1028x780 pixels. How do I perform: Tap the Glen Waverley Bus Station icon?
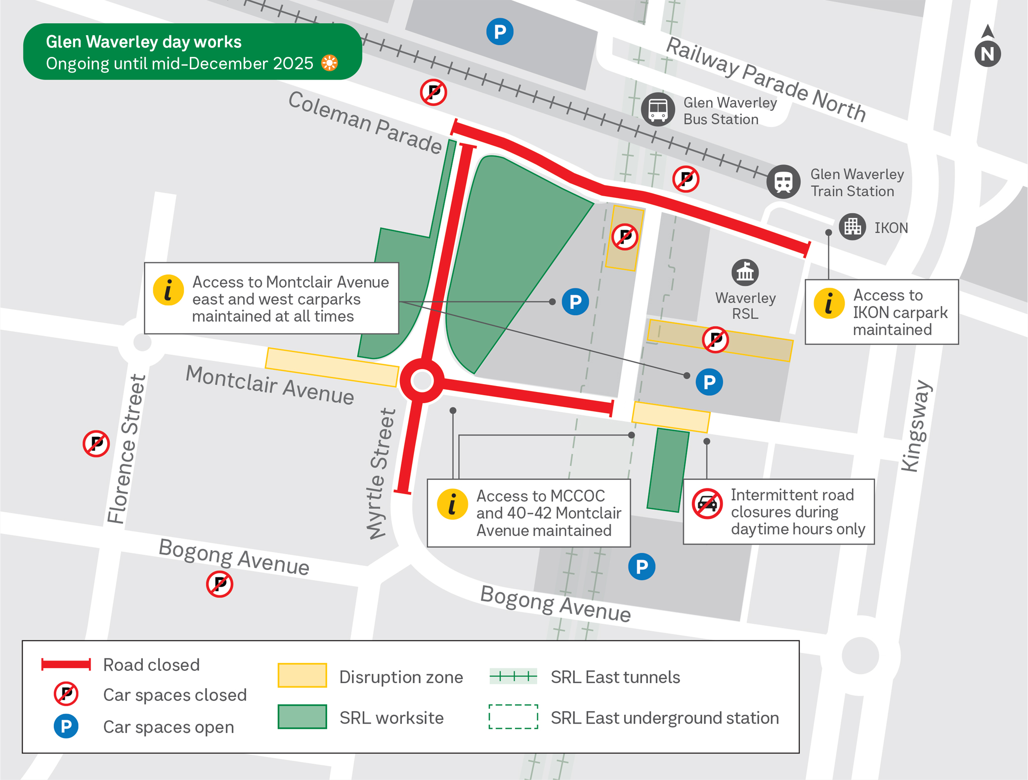tap(658, 109)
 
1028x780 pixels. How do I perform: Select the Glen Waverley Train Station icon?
tap(783, 181)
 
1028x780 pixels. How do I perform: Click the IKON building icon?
tap(852, 227)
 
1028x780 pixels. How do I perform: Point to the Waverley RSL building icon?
tap(745, 272)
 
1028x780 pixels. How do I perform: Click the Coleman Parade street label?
tap(365, 123)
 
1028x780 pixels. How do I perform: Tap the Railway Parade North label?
tap(766, 79)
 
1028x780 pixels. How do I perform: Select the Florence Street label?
tap(127, 449)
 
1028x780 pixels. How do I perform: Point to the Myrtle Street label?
tap(381, 474)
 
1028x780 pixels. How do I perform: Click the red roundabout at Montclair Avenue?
tap(422, 381)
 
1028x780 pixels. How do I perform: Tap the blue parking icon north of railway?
tap(500, 32)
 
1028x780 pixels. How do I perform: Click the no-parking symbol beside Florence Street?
tap(96, 443)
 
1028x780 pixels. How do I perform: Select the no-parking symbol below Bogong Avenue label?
tap(219, 584)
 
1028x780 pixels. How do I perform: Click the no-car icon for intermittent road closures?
tap(707, 504)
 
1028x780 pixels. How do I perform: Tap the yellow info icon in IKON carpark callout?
tap(829, 303)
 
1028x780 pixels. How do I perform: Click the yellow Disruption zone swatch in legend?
tap(302, 675)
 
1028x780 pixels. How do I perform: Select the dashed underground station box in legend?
tap(513, 717)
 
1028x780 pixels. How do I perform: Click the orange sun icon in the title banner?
tap(330, 63)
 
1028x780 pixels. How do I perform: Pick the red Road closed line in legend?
tap(66, 664)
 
